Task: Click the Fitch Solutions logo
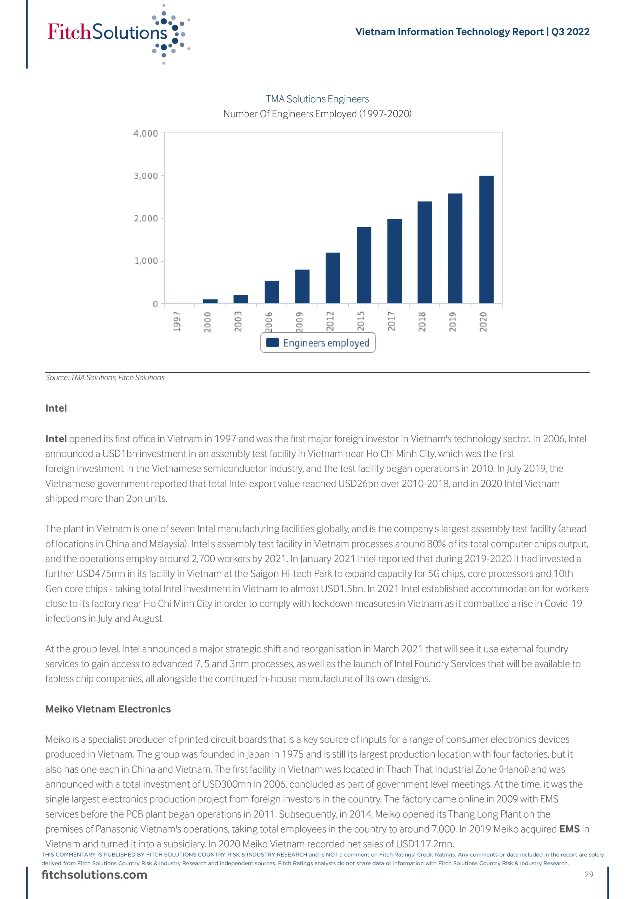(118, 33)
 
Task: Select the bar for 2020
(486, 239)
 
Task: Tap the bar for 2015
(364, 265)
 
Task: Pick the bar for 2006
(272, 292)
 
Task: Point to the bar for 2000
(210, 301)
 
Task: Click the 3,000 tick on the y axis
(146, 176)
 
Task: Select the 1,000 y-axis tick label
(146, 261)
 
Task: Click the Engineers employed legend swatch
(272, 343)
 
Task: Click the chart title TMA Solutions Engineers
(317, 99)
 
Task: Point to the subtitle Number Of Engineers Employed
(317, 114)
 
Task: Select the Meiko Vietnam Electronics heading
(108, 709)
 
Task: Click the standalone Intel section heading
(56, 408)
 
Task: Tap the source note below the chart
(105, 378)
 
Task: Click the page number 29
(589, 874)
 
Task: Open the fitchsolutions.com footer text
(94, 875)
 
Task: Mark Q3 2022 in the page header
(570, 32)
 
